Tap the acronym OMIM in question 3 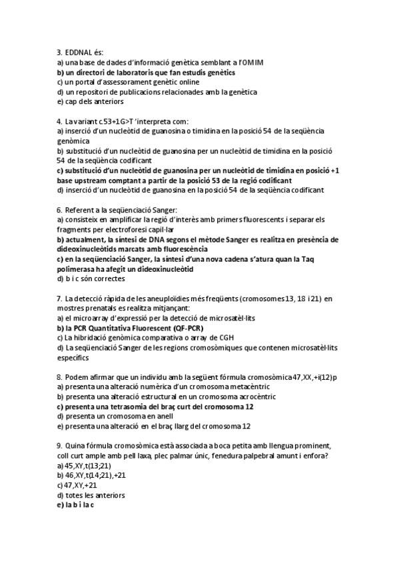[251, 62]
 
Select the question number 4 [59, 122]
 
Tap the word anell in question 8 [164, 416]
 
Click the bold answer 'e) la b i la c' [76, 505]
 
